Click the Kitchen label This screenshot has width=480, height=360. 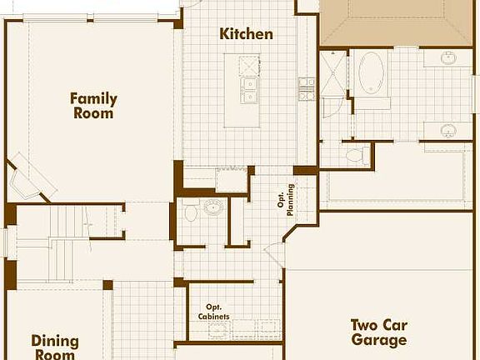tap(246, 34)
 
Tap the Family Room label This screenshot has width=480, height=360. tap(93, 106)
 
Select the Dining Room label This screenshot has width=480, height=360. tap(55, 347)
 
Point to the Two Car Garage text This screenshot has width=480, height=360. tap(378, 332)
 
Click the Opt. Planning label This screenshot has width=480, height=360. tap(286, 199)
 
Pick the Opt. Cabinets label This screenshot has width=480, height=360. tap(214, 311)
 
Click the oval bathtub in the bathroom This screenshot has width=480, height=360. tap(371, 74)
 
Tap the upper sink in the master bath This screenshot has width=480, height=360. tap(448, 58)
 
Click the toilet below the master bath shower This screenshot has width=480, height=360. tap(355, 155)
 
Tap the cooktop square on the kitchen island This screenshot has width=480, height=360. tap(248, 65)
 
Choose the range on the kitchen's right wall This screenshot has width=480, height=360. tap(307, 88)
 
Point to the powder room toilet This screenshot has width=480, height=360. tap(191, 212)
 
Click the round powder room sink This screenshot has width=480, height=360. tap(214, 207)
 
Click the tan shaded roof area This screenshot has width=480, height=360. tap(395, 21)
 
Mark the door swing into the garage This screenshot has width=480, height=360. tap(275, 254)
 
